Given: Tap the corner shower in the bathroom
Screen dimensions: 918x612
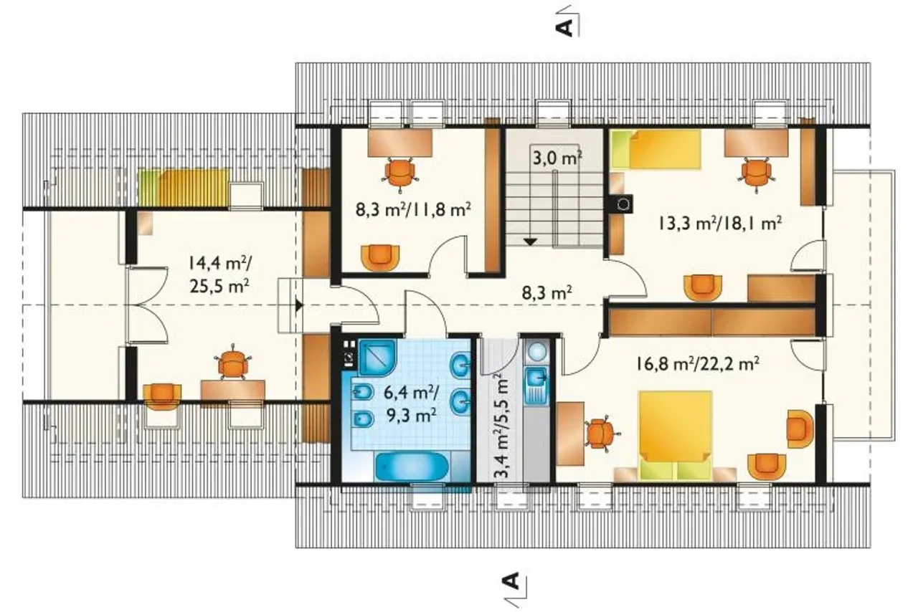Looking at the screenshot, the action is point(377,357).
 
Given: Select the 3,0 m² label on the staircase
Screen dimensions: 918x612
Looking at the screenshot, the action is point(557,158).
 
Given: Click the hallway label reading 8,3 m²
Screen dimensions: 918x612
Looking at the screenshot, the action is point(546,292).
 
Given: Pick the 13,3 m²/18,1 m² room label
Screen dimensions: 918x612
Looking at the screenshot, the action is point(720,224).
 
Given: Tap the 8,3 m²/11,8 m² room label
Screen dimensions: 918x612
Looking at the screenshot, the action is point(412,210).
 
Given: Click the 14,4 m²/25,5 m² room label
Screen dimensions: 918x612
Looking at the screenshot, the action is point(219,274).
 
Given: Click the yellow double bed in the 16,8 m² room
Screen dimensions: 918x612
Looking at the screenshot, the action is point(676,436).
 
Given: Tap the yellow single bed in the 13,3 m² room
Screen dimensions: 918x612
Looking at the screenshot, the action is point(655,150).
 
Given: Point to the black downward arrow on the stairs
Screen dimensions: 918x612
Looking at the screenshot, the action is point(530,242).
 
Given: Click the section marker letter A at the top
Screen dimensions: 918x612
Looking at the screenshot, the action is point(564,27).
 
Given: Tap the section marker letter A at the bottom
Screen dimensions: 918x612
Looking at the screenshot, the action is point(511,581).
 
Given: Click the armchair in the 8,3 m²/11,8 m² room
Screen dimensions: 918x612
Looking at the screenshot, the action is point(380,258).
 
